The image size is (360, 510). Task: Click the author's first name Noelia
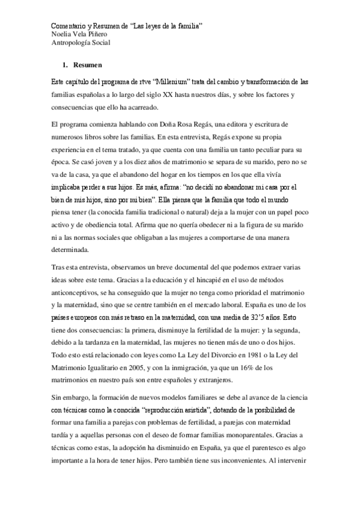click(61, 34)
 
